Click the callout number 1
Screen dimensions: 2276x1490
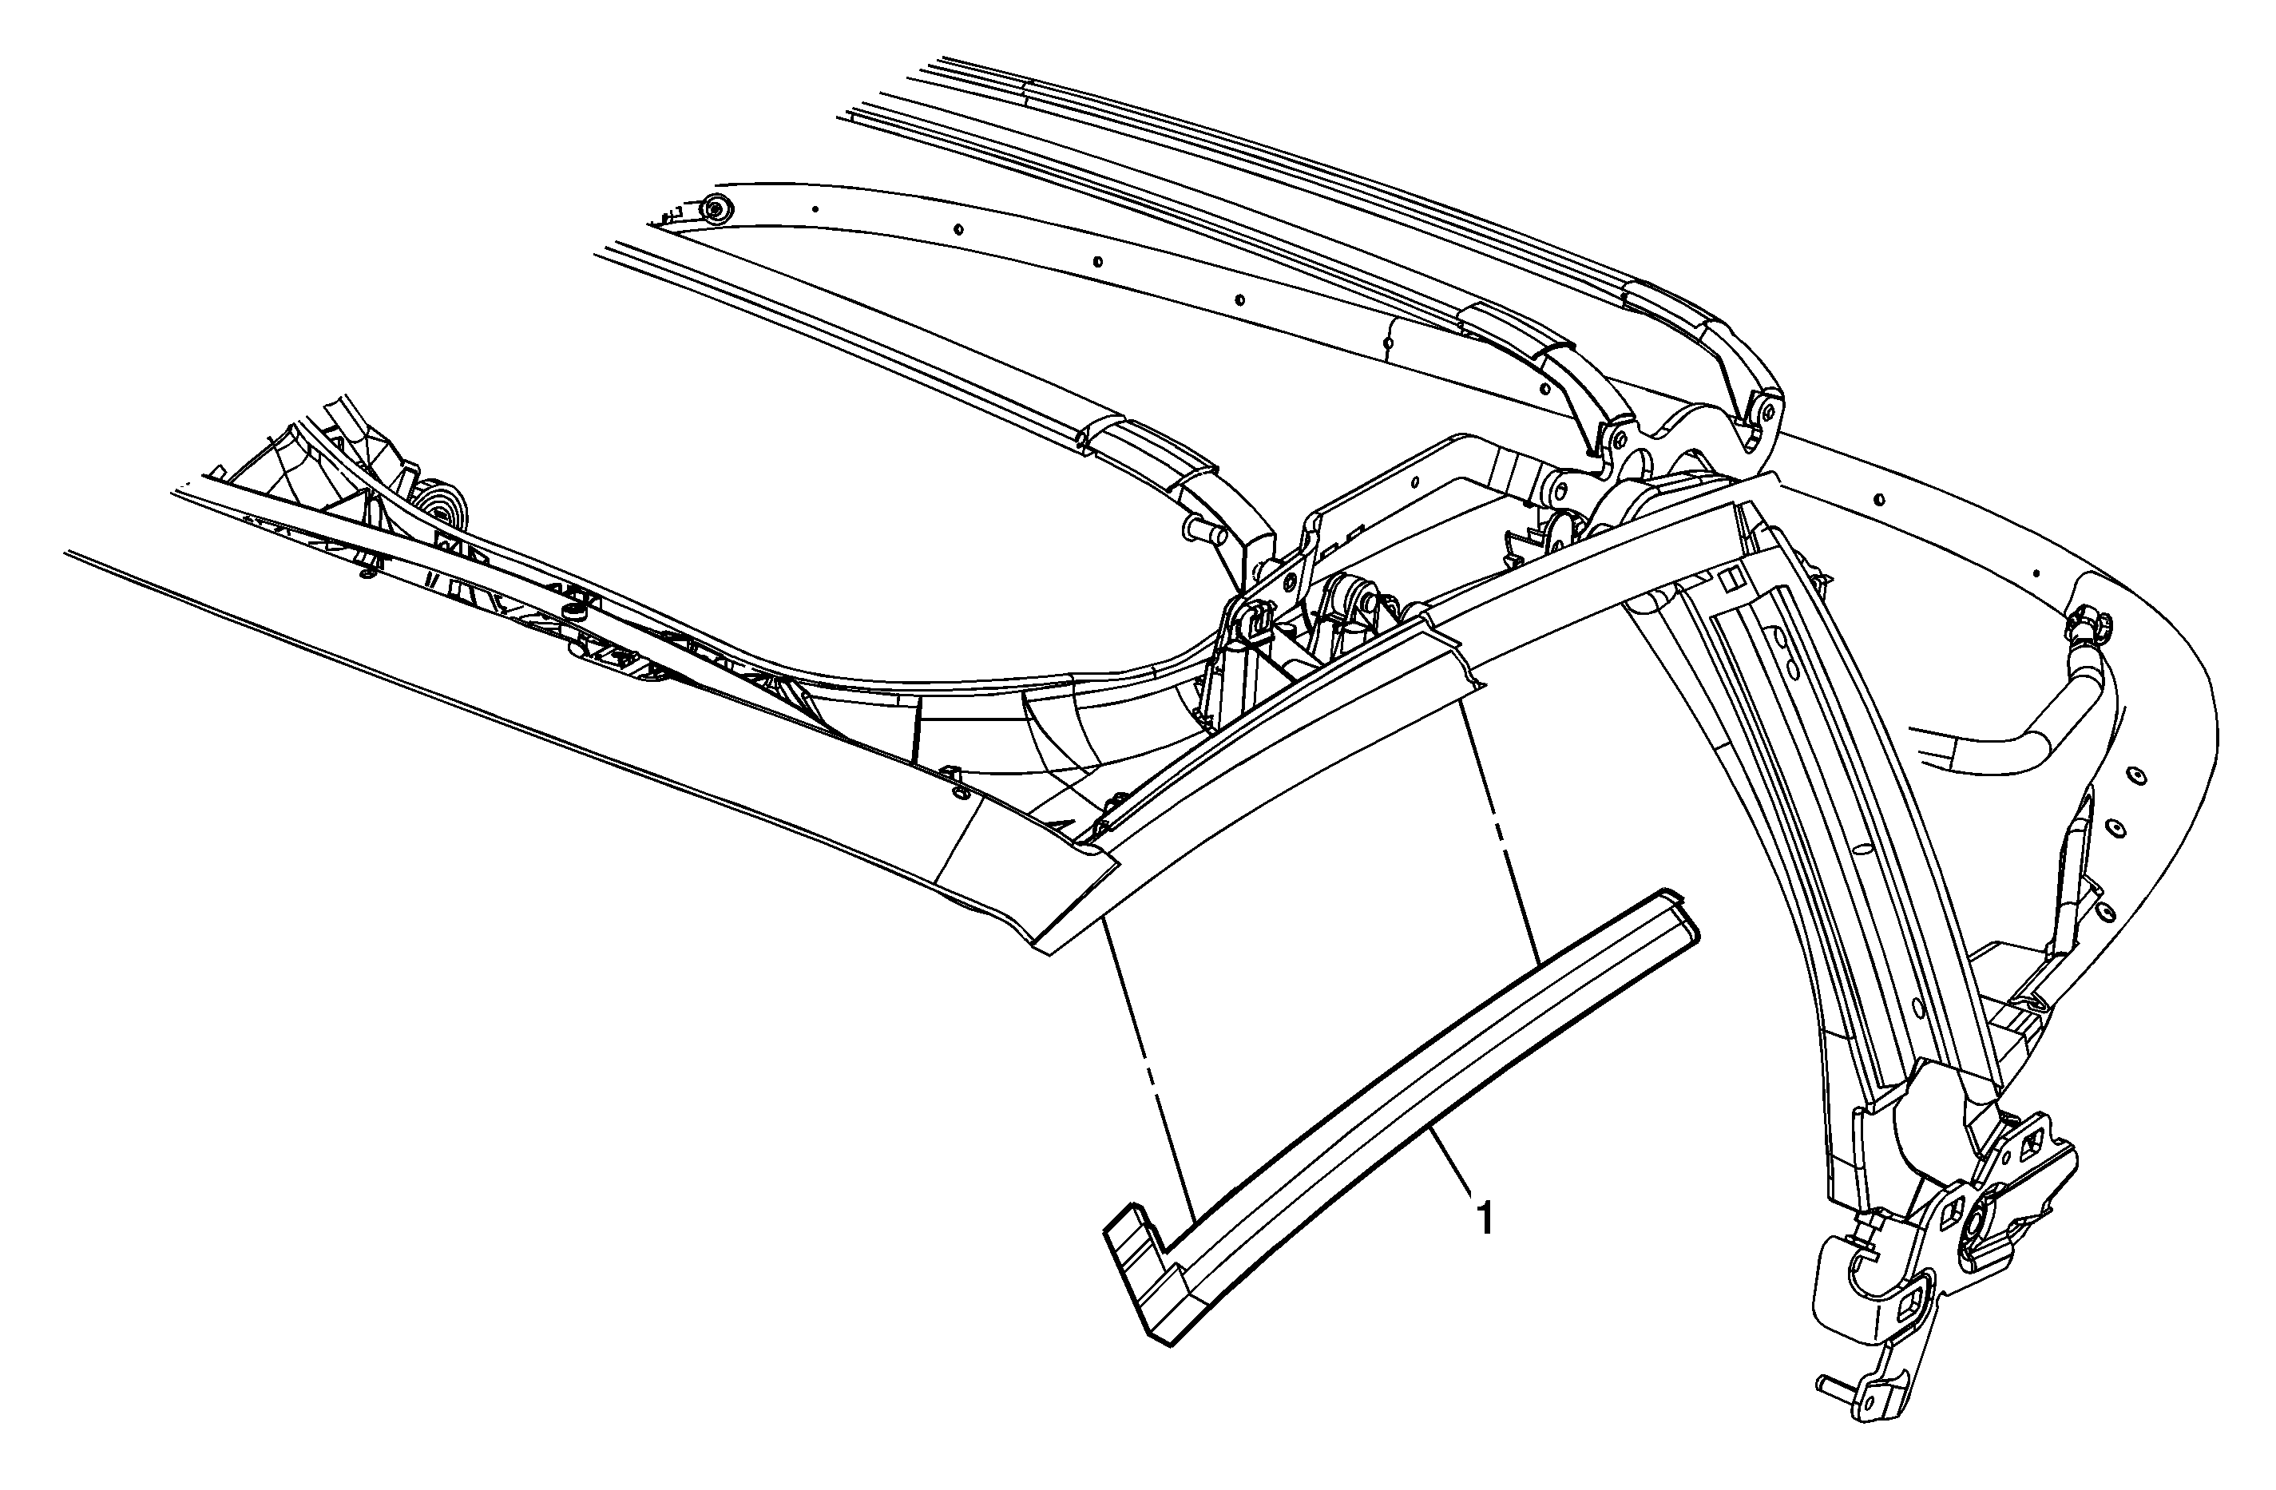[x=1484, y=1219]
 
